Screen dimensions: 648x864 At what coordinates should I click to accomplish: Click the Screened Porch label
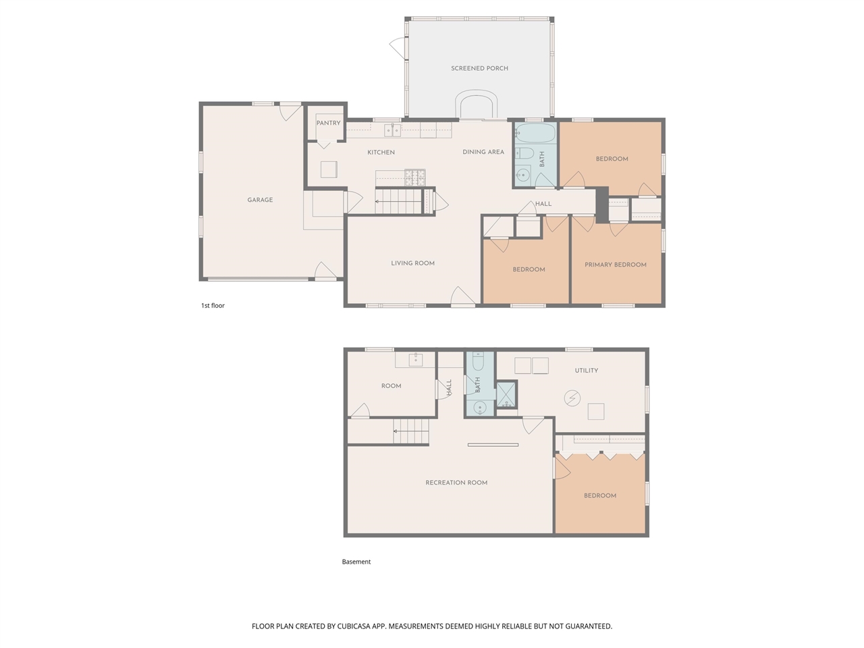(479, 68)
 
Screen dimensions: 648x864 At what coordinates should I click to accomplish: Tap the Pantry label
(328, 123)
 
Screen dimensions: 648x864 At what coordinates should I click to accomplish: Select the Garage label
(260, 200)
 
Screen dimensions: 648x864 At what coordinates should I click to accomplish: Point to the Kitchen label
(381, 153)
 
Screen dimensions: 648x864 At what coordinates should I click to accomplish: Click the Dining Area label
(483, 152)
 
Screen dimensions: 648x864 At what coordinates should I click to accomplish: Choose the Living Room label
(412, 263)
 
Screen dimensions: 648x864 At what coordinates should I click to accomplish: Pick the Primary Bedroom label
(615, 265)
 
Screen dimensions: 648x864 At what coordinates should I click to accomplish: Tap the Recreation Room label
(456, 483)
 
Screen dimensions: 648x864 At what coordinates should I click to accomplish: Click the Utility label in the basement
(586, 371)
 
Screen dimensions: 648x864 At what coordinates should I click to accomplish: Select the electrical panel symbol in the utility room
(572, 398)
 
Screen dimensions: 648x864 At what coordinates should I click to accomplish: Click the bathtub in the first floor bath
(536, 132)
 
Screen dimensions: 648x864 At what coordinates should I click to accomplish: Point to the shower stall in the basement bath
(506, 395)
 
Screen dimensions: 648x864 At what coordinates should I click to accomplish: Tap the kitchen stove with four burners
(414, 178)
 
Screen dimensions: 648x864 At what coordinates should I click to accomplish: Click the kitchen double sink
(392, 130)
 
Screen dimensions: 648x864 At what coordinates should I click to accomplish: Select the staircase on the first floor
(398, 201)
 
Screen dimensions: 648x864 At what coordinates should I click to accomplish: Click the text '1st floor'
(213, 306)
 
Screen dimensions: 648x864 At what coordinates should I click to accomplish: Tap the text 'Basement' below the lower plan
(356, 562)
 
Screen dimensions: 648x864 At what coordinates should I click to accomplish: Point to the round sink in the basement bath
(480, 407)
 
